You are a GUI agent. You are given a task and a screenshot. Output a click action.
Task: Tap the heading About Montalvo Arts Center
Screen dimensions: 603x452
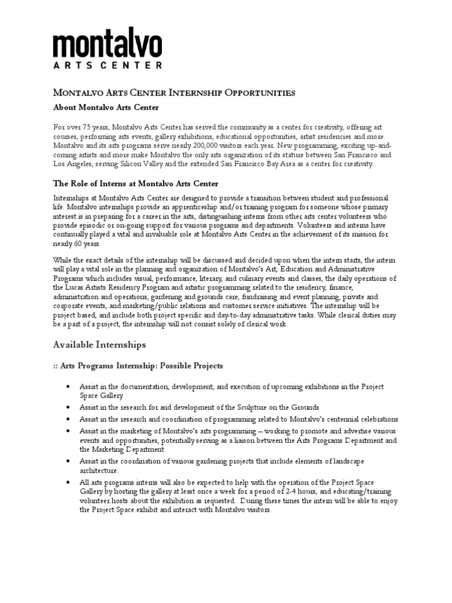(106, 108)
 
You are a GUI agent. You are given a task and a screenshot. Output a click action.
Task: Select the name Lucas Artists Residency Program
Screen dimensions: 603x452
(117, 288)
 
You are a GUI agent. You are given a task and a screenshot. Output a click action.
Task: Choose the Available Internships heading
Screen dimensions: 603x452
(99, 344)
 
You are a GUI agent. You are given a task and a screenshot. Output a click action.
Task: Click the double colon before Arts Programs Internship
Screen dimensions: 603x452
(56, 366)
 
